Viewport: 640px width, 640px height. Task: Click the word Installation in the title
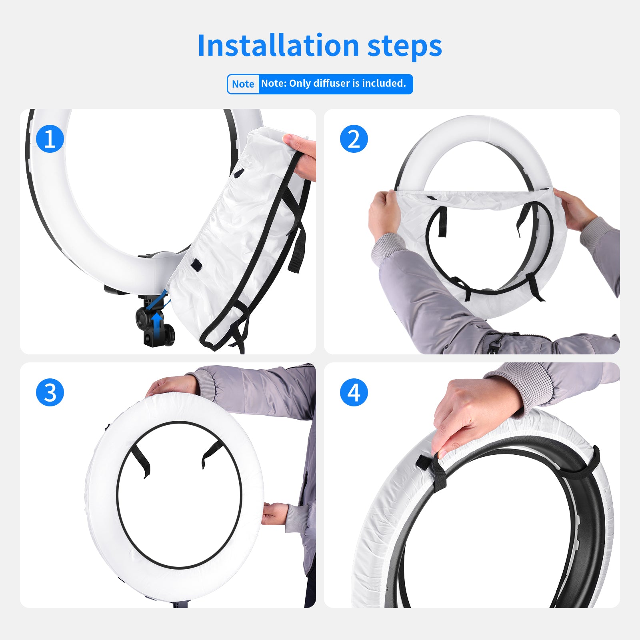278,46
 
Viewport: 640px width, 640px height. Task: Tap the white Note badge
243,84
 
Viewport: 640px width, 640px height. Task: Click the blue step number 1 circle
50,139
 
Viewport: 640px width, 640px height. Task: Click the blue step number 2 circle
354,139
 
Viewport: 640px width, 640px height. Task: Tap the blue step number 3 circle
50,392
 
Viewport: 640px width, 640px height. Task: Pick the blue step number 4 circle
354,392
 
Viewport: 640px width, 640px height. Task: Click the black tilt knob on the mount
142,318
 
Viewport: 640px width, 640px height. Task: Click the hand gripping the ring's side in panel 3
275,514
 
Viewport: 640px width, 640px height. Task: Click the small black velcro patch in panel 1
196,264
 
